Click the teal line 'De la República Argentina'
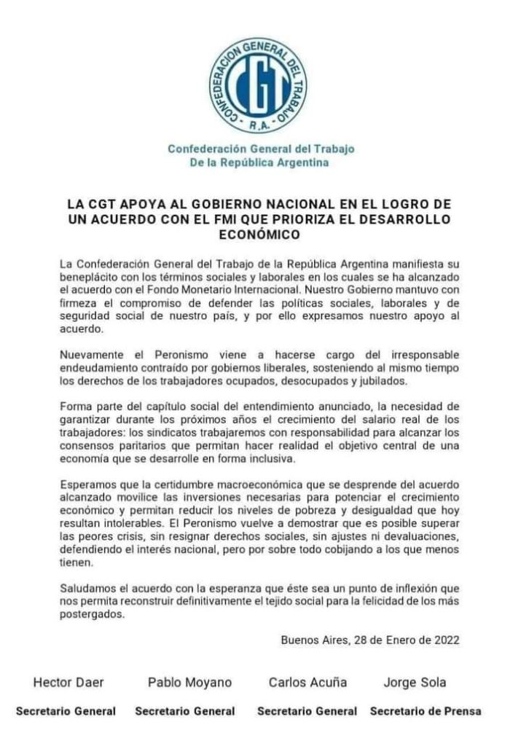coord(259,162)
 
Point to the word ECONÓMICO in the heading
coord(259,235)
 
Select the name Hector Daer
coord(68,683)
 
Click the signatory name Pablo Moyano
coord(189,683)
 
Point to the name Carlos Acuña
coord(307,683)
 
